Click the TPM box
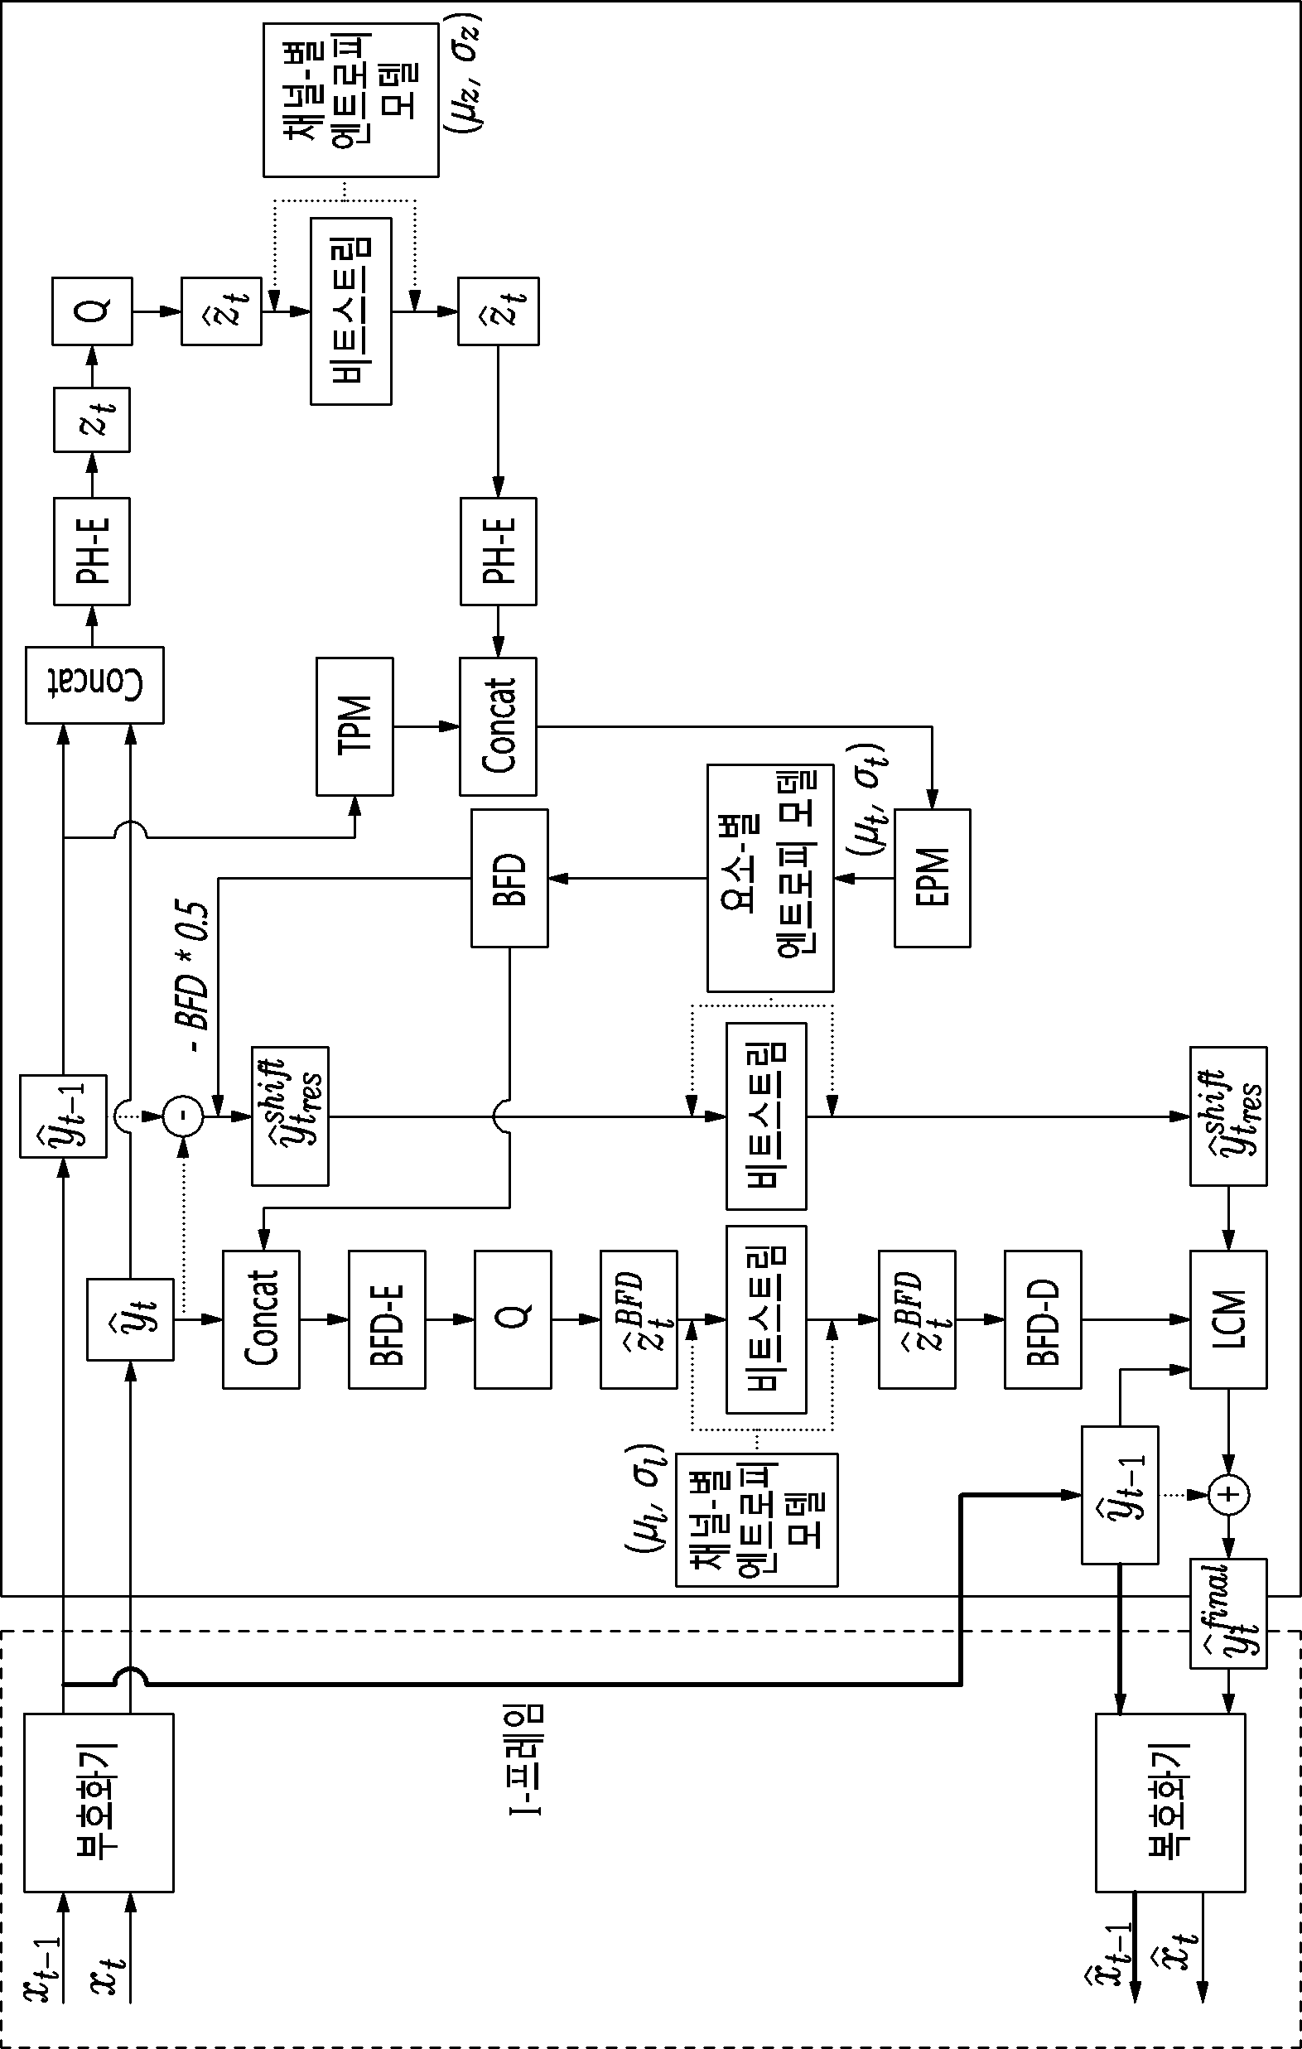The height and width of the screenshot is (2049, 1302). point(354,726)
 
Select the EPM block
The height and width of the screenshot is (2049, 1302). point(932,877)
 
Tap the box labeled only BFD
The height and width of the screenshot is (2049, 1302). point(509,877)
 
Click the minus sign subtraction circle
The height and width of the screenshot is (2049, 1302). point(183,1116)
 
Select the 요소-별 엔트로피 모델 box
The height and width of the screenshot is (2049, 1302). point(770,877)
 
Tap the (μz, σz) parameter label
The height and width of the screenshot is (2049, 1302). point(463,72)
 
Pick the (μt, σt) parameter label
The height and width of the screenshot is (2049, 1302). point(868,800)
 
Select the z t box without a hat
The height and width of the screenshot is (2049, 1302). point(92,420)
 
